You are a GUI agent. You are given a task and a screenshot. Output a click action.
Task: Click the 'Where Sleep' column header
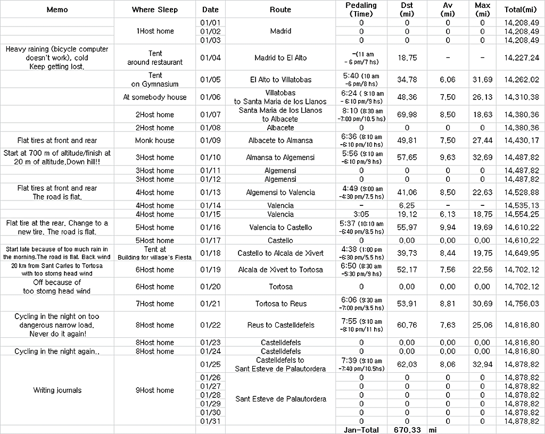point(154,10)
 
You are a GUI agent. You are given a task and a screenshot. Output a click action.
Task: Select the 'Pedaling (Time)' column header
point(361,10)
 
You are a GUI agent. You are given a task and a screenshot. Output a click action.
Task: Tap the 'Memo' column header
point(57,10)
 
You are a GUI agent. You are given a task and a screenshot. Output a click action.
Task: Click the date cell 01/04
point(210,57)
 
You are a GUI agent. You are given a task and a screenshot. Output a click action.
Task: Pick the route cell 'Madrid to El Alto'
point(280,57)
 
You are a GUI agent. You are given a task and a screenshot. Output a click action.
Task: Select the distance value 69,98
point(407,114)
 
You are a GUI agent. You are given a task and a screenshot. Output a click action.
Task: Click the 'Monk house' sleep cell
point(154,140)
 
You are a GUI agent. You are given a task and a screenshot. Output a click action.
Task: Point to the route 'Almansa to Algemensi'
point(280,157)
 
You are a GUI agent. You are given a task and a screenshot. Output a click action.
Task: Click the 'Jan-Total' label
point(361,430)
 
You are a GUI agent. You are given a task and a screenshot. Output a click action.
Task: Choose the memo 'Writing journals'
point(57,390)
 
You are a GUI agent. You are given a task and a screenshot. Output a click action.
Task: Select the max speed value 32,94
point(482,364)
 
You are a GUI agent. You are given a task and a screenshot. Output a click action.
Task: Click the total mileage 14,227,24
point(521,57)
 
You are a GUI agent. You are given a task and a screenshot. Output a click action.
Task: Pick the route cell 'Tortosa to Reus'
point(280,304)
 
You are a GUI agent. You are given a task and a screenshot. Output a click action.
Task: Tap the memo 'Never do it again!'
point(57,334)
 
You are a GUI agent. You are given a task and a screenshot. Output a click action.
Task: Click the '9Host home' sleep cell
point(154,390)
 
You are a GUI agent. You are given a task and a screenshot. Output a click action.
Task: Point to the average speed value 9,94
point(448,227)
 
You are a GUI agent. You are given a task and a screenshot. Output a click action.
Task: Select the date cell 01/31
point(210,421)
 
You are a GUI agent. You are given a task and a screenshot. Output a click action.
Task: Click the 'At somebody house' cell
point(154,97)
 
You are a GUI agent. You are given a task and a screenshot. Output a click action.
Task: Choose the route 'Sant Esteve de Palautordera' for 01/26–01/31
point(280,399)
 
